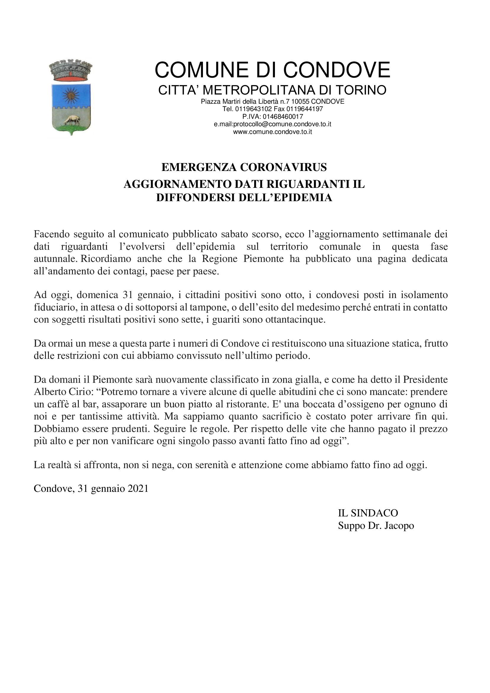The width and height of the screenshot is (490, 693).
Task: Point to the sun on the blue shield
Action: (71, 96)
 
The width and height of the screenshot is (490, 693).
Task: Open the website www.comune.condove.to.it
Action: (273, 132)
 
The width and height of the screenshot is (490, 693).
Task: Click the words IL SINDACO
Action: (368, 513)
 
